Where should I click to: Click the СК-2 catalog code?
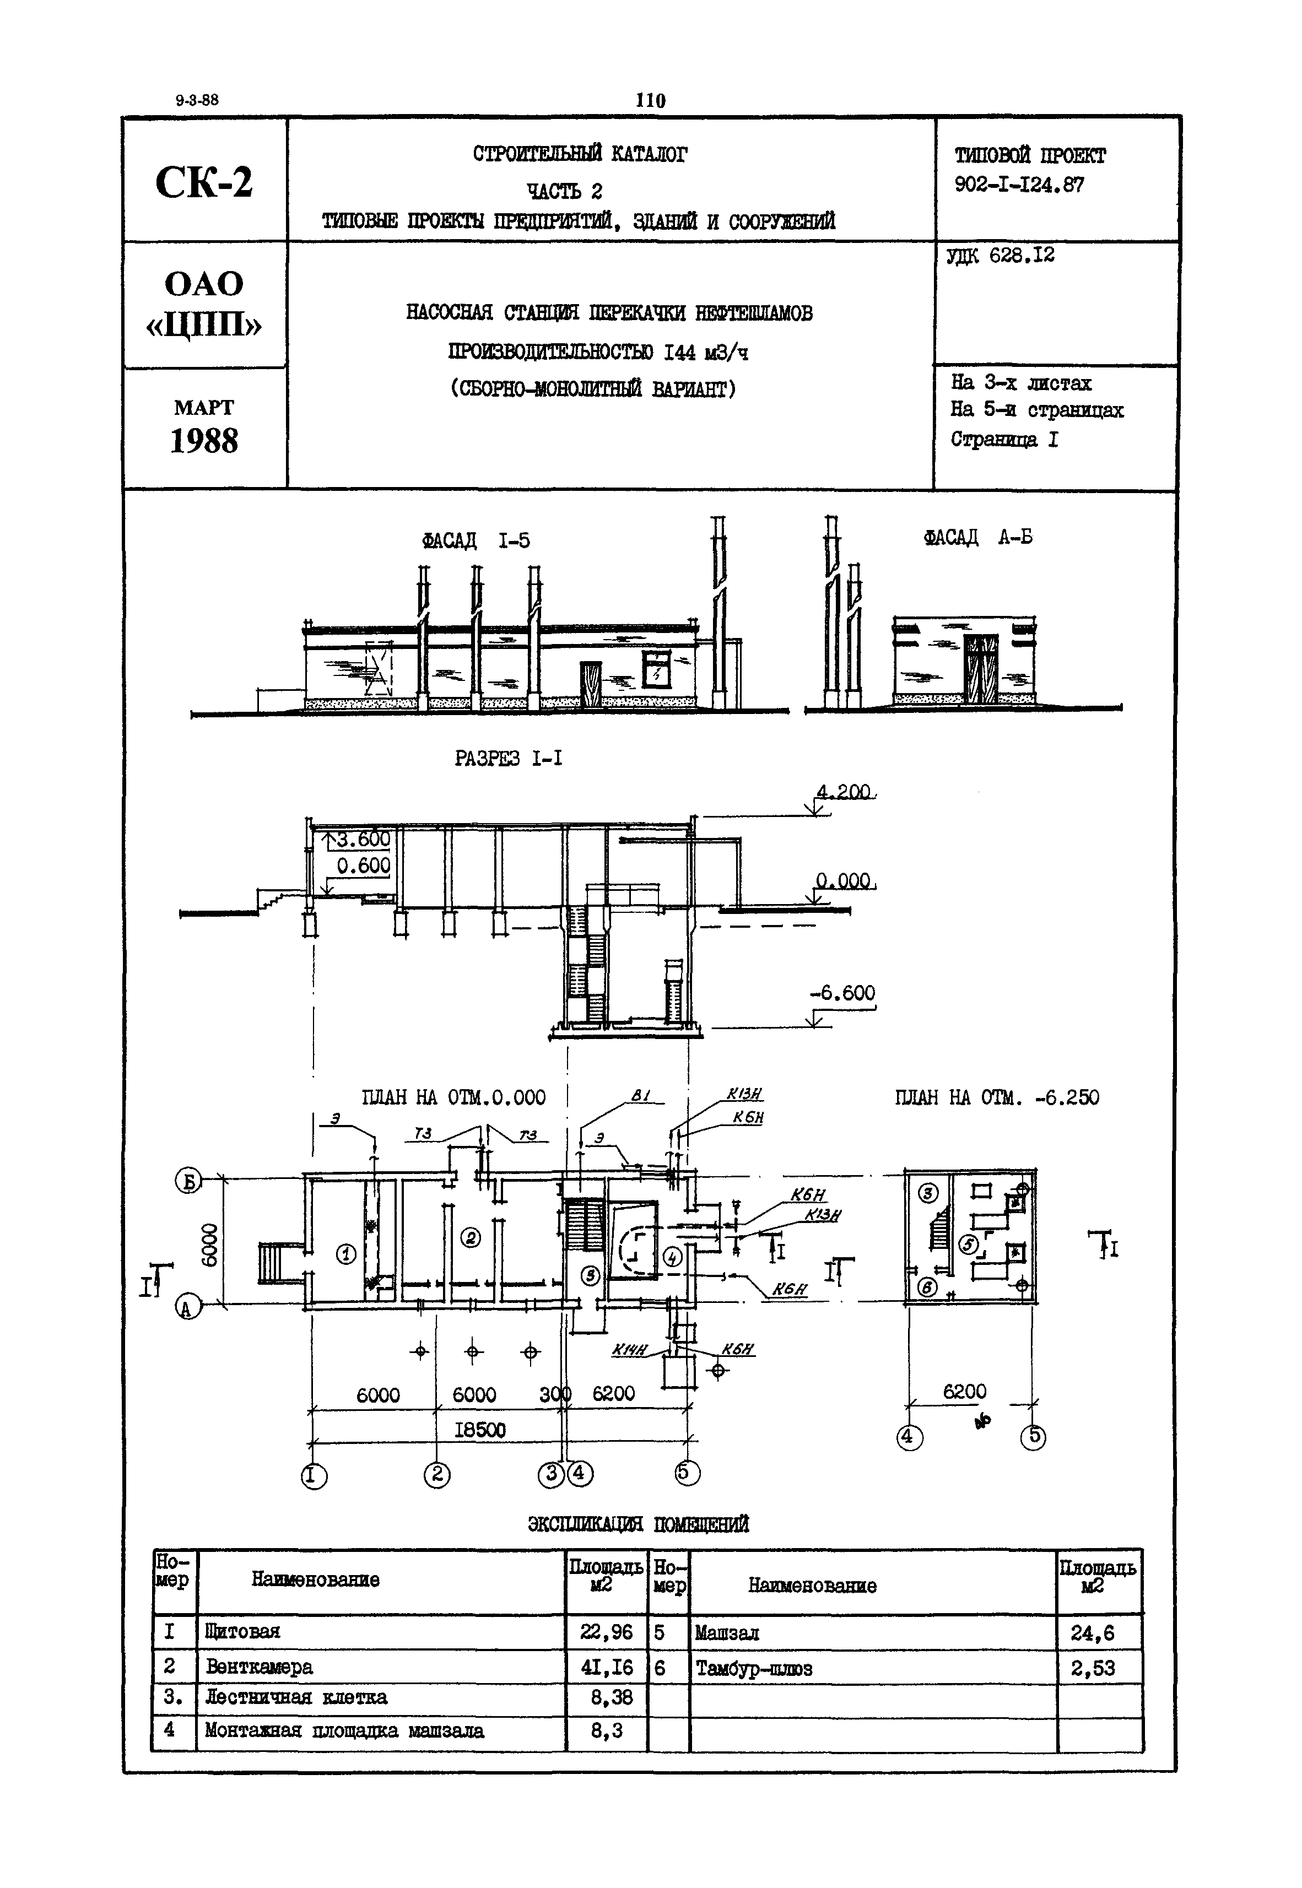coord(204,182)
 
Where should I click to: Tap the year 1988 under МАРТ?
coord(204,441)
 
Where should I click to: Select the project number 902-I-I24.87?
coord(1020,185)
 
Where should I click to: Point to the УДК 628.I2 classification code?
coord(1001,256)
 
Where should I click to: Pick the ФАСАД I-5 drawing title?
coord(476,540)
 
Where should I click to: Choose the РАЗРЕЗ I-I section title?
coord(508,759)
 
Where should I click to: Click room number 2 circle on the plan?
coord(472,1238)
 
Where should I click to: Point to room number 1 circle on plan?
coord(347,1254)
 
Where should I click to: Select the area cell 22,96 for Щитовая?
coord(606,1632)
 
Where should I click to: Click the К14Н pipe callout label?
coord(630,1350)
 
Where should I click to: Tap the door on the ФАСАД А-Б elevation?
coord(981,669)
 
